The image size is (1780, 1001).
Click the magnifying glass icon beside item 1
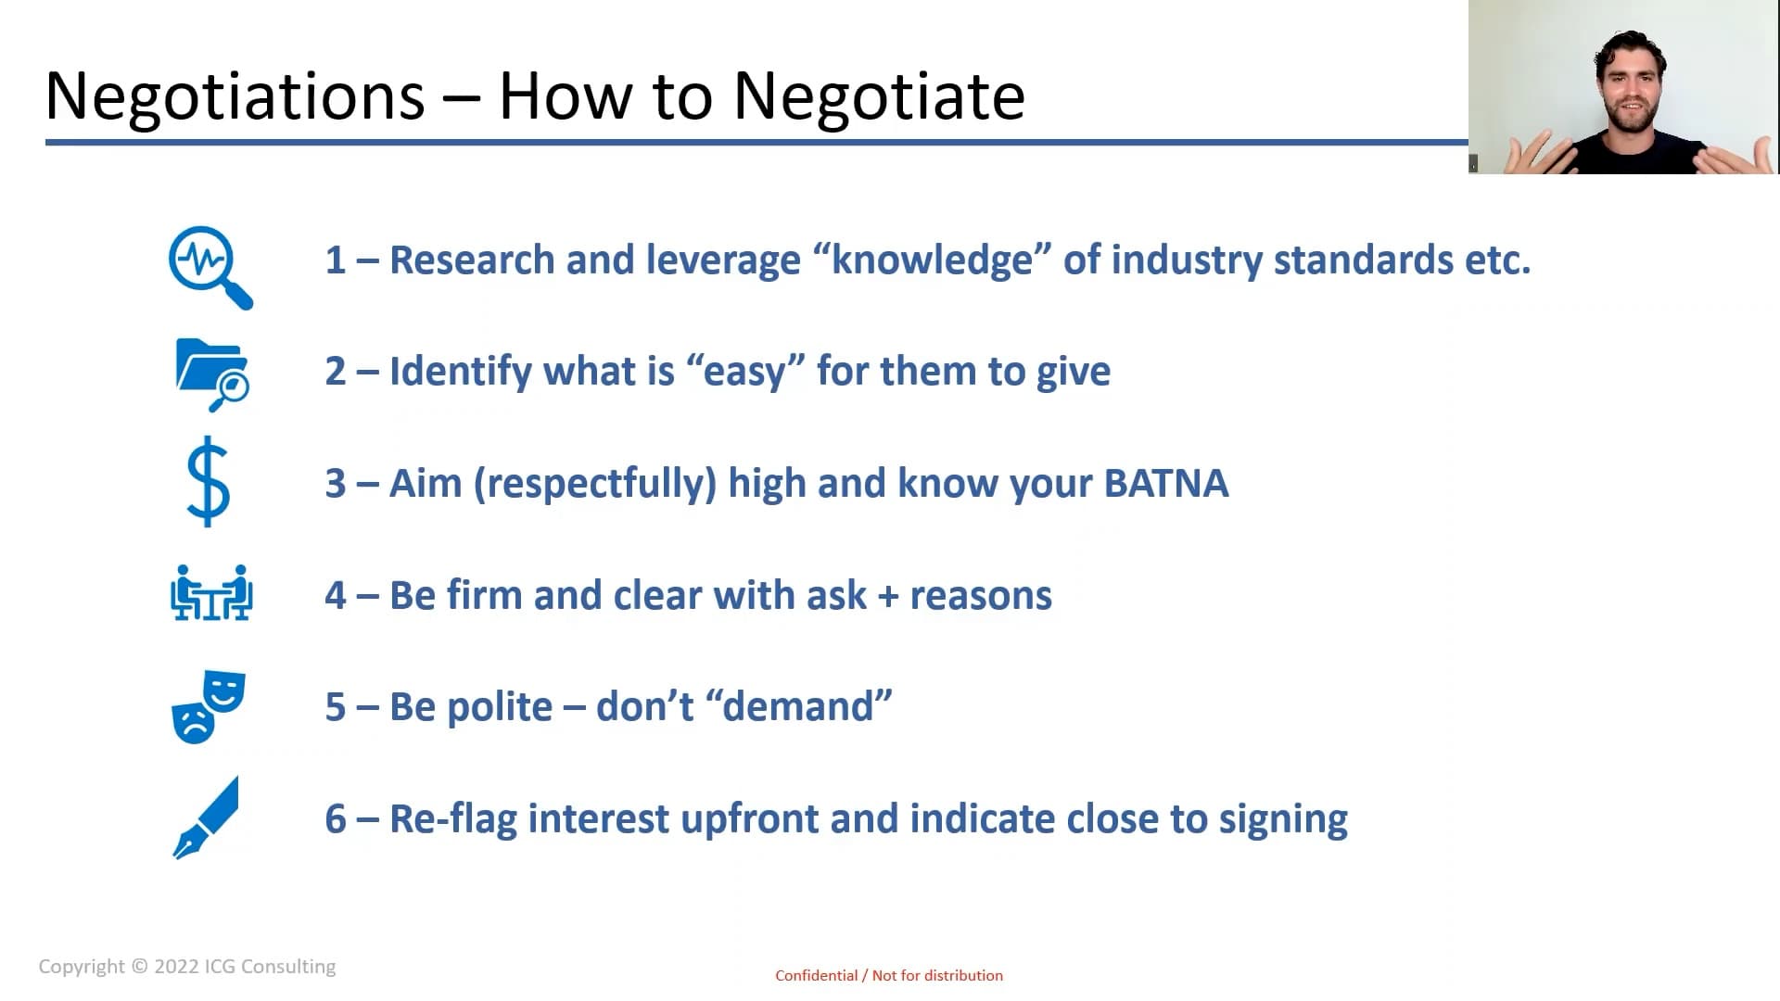[210, 267]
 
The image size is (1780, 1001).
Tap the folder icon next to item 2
[212, 374]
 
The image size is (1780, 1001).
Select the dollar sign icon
[208, 482]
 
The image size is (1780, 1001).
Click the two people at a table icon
[211, 592]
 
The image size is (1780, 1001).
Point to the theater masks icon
[209, 706]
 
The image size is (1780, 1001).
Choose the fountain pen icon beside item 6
[206, 817]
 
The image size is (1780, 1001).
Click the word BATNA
[1166, 484]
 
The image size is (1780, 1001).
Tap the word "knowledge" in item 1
[932, 260]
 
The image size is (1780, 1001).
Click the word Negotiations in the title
[235, 97]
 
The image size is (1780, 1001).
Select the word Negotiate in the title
[879, 97]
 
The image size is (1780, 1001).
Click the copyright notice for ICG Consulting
[187, 967]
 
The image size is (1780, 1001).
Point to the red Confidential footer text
[889, 975]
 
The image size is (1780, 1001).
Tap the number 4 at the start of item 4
[336, 596]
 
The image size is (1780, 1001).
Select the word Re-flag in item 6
[453, 820]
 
